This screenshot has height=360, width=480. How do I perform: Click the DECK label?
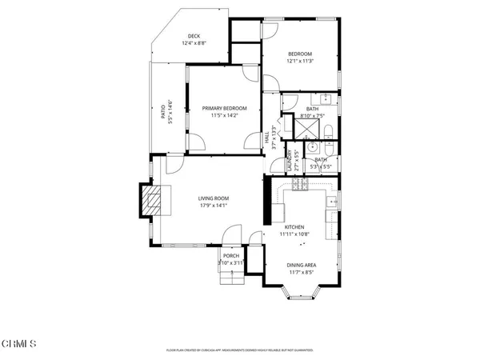[x=193, y=36]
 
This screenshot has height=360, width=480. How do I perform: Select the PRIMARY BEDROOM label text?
[x=224, y=108]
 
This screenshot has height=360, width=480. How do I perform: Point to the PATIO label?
[x=163, y=111]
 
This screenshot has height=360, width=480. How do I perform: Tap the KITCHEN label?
[x=294, y=227]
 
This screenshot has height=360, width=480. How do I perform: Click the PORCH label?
[x=231, y=256]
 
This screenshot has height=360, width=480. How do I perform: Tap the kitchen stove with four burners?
[x=300, y=185]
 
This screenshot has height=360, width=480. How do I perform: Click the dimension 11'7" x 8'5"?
[x=302, y=271]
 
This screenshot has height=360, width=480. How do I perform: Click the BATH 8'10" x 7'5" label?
[x=312, y=111]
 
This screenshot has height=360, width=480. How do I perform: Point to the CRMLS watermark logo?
[x=19, y=345]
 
